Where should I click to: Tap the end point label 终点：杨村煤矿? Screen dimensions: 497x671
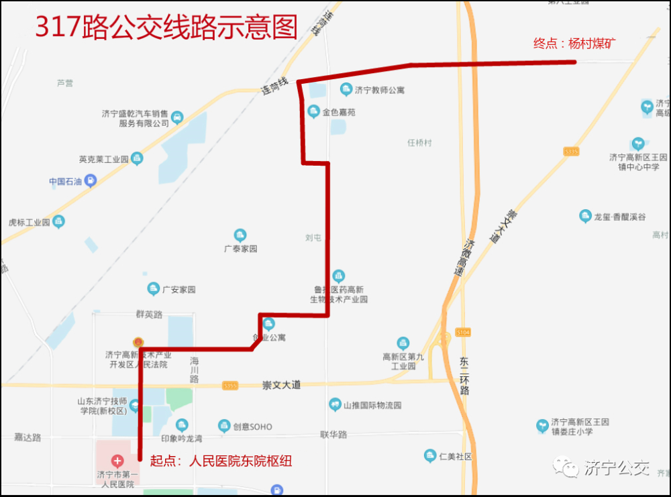574,44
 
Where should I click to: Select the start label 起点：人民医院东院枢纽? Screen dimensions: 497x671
221,461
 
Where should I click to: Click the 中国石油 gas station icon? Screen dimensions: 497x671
91,180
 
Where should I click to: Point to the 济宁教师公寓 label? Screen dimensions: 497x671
380,90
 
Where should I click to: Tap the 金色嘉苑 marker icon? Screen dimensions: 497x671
313,111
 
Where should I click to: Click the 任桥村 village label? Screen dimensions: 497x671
420,143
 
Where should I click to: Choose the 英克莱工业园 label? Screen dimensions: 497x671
103,160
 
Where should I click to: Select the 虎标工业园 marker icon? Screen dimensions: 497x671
59,221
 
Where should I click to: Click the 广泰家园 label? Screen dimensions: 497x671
240,249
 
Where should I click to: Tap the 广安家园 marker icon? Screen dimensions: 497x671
154,289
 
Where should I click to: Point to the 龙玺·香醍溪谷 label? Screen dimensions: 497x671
619,217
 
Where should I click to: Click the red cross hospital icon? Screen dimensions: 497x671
117,461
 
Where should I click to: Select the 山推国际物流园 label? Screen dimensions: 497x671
372,405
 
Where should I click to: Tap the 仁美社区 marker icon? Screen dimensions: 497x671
430,456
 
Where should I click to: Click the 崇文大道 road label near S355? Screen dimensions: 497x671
281,385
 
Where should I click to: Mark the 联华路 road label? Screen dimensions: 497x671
333,435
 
